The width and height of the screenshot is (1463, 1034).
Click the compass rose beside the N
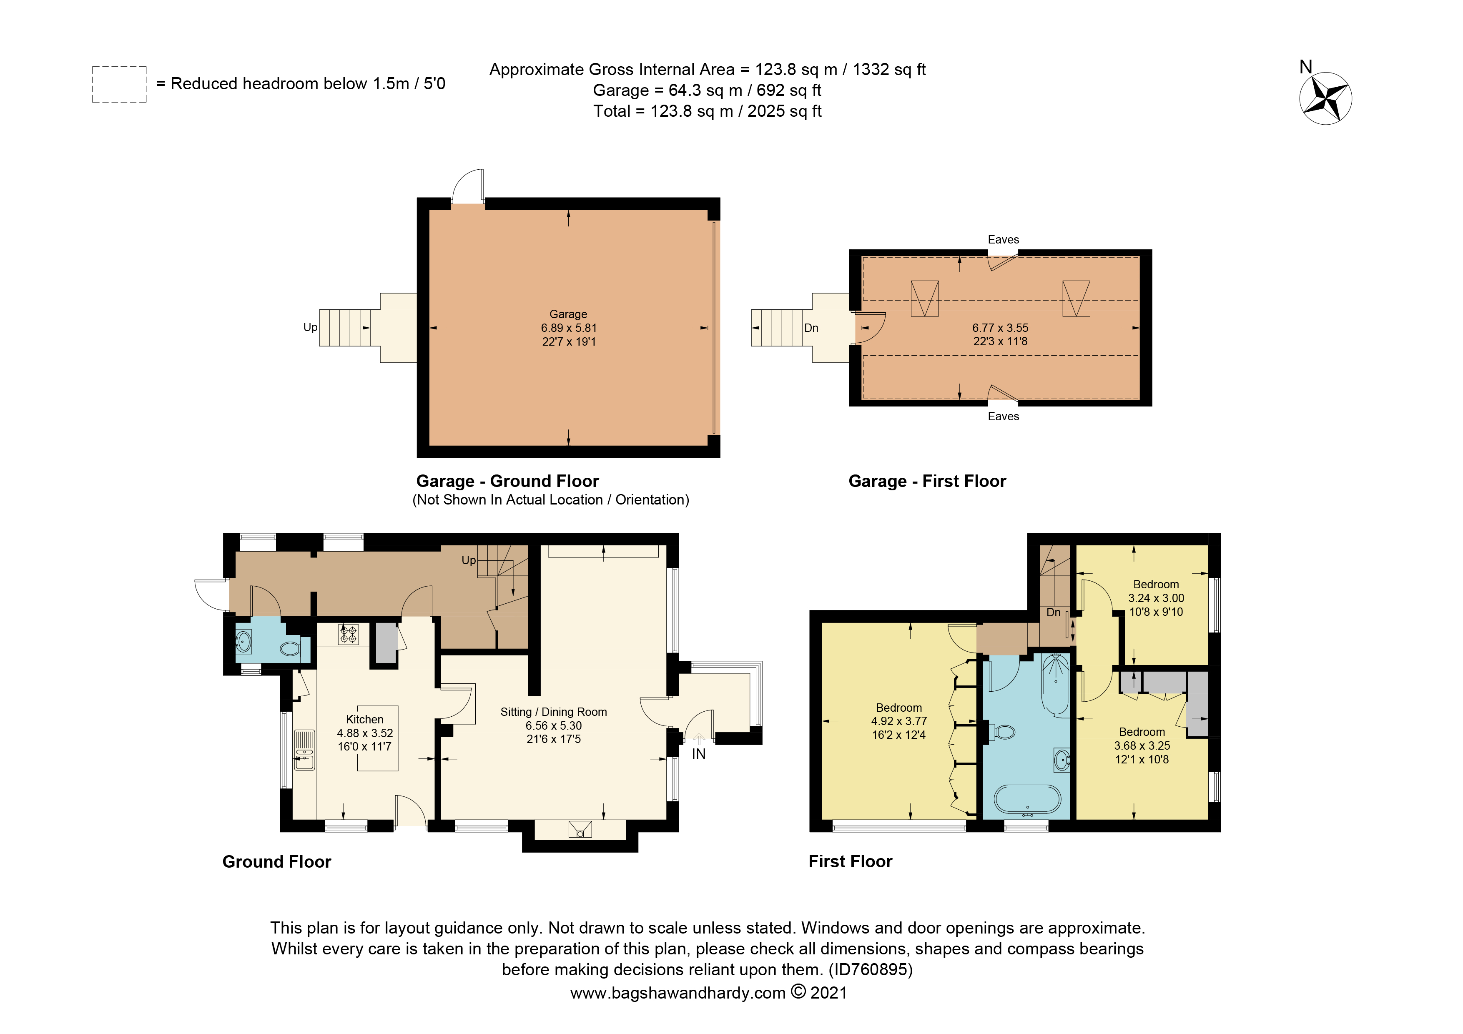1325,99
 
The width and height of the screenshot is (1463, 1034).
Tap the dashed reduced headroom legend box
119,84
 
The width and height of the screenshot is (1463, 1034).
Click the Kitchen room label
364,719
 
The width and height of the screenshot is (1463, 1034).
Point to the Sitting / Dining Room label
553,712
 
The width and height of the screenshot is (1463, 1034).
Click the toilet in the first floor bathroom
1003,732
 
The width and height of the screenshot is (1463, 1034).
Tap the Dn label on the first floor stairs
1053,612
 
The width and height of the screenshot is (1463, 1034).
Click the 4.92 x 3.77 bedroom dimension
898,721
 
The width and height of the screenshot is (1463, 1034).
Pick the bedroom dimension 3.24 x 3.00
1156,598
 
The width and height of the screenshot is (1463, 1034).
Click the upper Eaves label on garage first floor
1003,240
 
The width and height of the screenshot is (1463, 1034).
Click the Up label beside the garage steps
310,327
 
